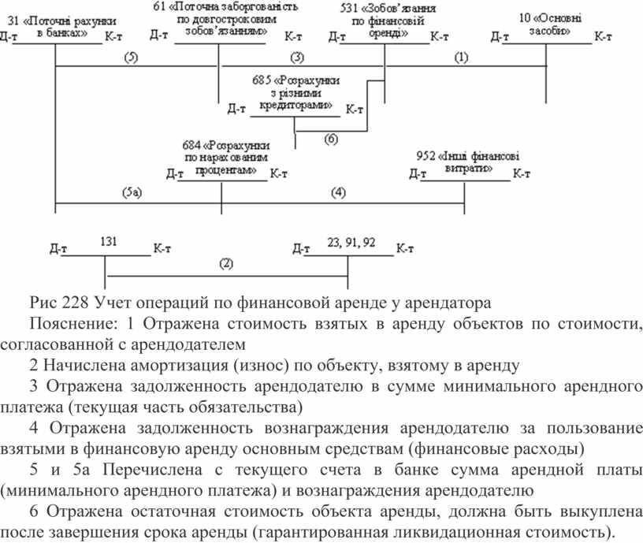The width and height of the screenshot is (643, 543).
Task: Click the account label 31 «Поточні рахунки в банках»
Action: click(61, 27)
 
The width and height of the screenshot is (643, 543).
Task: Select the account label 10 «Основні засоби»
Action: click(550, 24)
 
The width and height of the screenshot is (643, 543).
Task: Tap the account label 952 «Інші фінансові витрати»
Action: click(468, 162)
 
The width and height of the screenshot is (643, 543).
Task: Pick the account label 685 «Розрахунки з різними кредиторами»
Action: click(295, 93)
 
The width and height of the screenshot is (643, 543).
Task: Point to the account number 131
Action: click(109, 241)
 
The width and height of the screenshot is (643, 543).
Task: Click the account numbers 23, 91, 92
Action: click(351, 243)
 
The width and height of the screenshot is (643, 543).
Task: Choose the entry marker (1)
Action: click(461, 58)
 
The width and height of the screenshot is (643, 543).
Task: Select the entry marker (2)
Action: click(226, 263)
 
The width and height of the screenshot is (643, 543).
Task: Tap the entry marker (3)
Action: click(297, 58)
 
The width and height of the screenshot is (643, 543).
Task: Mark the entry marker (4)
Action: click(338, 192)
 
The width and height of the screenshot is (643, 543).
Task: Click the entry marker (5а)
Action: click(132, 192)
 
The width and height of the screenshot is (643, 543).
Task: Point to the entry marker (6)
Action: click(331, 139)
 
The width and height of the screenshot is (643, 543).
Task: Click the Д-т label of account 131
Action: click(58, 248)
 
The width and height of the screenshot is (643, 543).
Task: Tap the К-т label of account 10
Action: click(603, 37)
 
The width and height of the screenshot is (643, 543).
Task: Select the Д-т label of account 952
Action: click(418, 174)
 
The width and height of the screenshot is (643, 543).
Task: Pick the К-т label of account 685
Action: click(355, 110)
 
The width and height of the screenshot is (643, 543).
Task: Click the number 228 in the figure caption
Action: click(75, 303)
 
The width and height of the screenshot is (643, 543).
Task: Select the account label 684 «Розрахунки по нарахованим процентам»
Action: click(226, 158)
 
